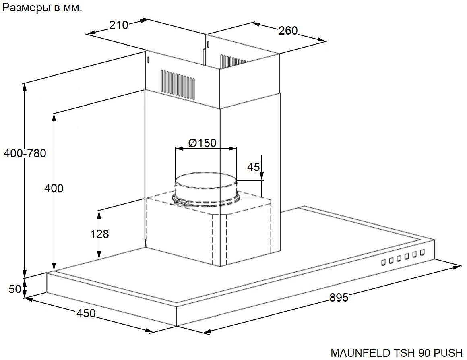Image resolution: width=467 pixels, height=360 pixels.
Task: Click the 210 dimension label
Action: tap(118, 25)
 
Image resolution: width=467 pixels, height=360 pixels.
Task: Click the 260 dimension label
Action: tap(288, 30)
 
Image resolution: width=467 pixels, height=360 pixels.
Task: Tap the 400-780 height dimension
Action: tap(25, 153)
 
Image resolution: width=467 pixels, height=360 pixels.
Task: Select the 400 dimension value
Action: tap(54, 188)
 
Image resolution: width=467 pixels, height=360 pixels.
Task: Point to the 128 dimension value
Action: tap(99, 234)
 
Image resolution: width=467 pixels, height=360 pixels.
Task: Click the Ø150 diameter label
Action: tap(202, 143)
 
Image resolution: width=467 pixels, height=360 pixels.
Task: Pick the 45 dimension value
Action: tap(254, 167)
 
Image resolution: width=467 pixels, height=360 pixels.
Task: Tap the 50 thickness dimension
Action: tap(15, 289)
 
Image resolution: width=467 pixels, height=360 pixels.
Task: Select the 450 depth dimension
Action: tap(86, 313)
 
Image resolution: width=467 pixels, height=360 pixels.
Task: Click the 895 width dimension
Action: tap(339, 298)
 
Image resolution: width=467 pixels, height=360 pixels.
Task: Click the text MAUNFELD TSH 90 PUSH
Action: tap(397, 353)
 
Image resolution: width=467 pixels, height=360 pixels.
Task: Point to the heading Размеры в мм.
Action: tap(42, 8)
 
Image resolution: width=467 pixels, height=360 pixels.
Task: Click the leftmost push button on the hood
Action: tap(384, 262)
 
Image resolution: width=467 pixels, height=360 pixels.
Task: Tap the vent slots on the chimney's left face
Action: tap(178, 84)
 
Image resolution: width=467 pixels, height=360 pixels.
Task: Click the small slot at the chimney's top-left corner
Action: tap(148, 59)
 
